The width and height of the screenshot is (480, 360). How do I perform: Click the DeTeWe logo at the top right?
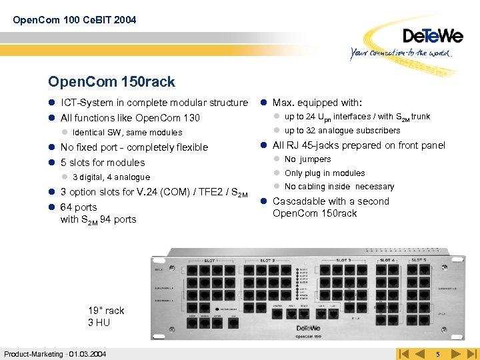(432, 35)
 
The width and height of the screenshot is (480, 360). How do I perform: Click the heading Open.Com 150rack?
(111, 82)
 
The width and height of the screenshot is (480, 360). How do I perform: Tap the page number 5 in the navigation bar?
(437, 353)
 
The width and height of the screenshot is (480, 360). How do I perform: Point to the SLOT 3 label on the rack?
(344, 260)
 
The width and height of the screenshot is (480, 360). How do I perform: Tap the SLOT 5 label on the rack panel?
(418, 260)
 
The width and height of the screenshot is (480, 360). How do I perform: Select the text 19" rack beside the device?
(106, 310)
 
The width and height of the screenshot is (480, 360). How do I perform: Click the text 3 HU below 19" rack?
(99, 322)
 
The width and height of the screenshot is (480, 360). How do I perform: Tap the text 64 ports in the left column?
(79, 207)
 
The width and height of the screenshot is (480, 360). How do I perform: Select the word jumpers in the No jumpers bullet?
(315, 159)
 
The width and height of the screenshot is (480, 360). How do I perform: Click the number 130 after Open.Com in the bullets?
(191, 118)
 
